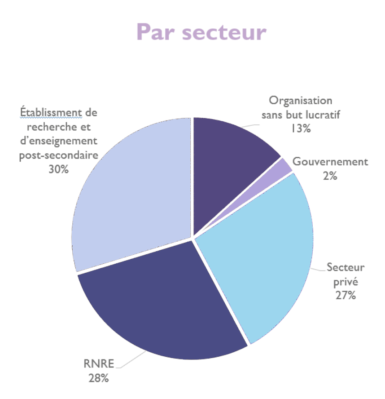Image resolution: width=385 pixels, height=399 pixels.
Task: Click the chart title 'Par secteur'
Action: pos(201,31)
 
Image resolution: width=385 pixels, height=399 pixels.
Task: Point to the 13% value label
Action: pos(300,129)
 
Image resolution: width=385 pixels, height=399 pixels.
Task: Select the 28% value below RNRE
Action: pos(98,378)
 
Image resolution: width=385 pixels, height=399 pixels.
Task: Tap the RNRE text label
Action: pos(98,364)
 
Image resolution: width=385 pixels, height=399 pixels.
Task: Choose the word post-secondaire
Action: pos(58,155)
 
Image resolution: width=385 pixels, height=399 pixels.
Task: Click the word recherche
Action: pos(48,127)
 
